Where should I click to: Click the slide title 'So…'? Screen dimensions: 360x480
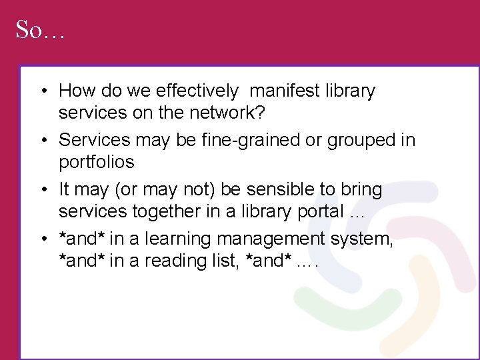39,30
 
